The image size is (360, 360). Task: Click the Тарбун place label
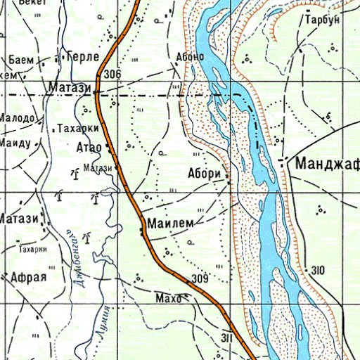(x=322, y=20)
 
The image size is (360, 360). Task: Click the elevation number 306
(x=112, y=75)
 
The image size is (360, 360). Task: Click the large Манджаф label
(x=327, y=165)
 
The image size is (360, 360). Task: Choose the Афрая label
(x=28, y=276)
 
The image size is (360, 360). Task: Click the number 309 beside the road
(x=200, y=280)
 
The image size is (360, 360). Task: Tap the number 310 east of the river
(x=318, y=271)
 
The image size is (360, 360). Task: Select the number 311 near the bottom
(x=226, y=338)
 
